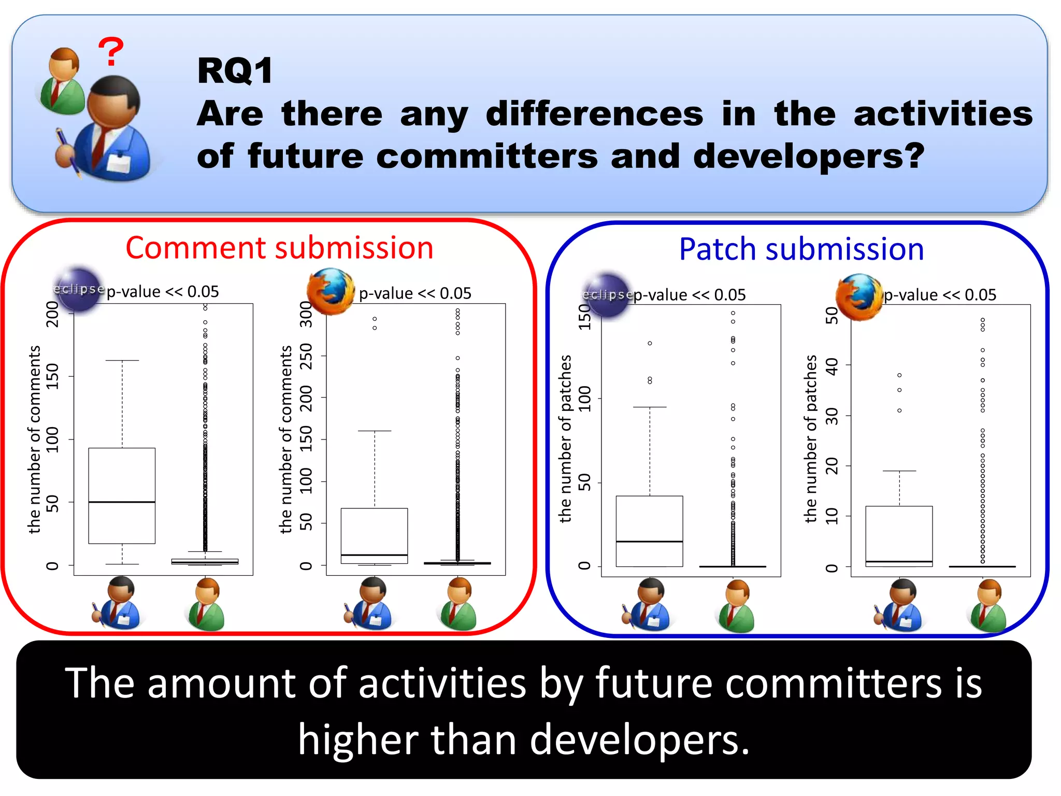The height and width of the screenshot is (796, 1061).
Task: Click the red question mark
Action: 111,51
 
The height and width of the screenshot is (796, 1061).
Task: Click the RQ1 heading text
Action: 235,71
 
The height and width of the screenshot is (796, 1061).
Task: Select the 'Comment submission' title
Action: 279,248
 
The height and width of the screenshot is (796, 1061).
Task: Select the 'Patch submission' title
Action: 801,249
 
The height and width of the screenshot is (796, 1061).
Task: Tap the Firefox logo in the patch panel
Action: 858,297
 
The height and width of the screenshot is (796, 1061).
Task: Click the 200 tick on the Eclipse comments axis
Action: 52,314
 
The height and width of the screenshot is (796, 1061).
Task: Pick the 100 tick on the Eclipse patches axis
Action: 584,399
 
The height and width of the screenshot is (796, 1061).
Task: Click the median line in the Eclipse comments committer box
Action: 122,502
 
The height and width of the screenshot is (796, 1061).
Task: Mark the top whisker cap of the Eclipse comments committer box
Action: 122,360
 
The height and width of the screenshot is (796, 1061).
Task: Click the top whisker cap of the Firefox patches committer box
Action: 899,471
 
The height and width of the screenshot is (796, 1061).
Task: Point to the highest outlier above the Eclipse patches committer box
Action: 650,343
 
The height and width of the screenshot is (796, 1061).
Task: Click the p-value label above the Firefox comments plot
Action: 415,293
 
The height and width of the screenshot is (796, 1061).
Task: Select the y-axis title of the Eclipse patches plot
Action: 565,438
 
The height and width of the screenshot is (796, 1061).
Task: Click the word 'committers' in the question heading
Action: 487,156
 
